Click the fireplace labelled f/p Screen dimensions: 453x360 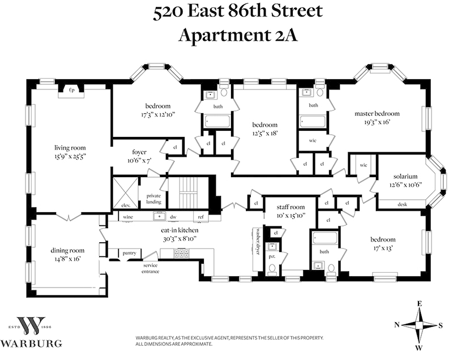[71, 92]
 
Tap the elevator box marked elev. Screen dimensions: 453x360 [126, 192]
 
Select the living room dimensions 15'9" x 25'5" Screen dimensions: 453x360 [70, 157]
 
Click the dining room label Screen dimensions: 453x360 [67, 251]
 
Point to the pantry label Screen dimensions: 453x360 [129, 253]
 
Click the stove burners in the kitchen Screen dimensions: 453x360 [181, 253]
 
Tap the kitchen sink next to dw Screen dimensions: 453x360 [159, 216]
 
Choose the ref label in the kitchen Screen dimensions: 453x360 [201, 217]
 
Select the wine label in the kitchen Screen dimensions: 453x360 [128, 217]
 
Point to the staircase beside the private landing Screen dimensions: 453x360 [188, 192]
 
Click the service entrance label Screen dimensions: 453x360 [150, 268]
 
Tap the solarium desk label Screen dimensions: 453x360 [402, 204]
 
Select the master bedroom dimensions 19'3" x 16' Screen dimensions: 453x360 [377, 122]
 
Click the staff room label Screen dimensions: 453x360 [290, 207]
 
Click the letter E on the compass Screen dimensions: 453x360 [419, 303]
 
